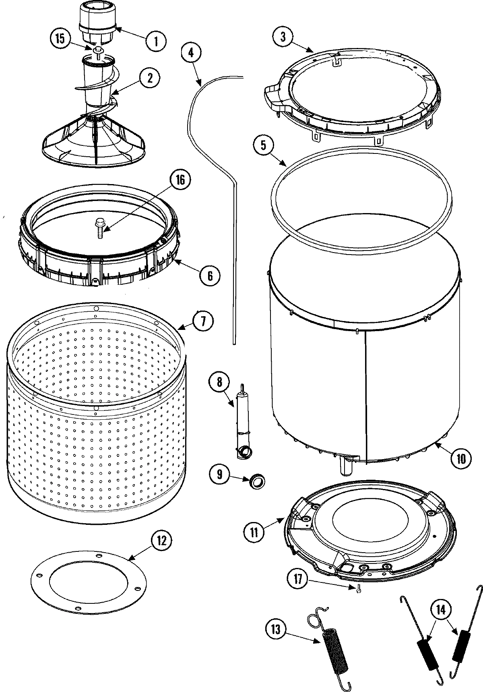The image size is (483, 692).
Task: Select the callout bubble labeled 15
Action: click(60, 39)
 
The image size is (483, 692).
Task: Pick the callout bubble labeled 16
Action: click(180, 180)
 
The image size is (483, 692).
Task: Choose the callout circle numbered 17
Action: click(298, 580)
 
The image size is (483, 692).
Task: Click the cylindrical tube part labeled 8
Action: click(243, 423)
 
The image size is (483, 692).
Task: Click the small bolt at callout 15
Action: click(98, 50)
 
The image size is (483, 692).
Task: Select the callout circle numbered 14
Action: click(440, 610)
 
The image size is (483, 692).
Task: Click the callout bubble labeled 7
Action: click(202, 321)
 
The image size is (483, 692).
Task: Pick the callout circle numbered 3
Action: click(283, 37)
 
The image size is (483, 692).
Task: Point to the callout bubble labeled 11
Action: click(254, 532)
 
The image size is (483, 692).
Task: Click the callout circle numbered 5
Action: click(263, 145)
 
